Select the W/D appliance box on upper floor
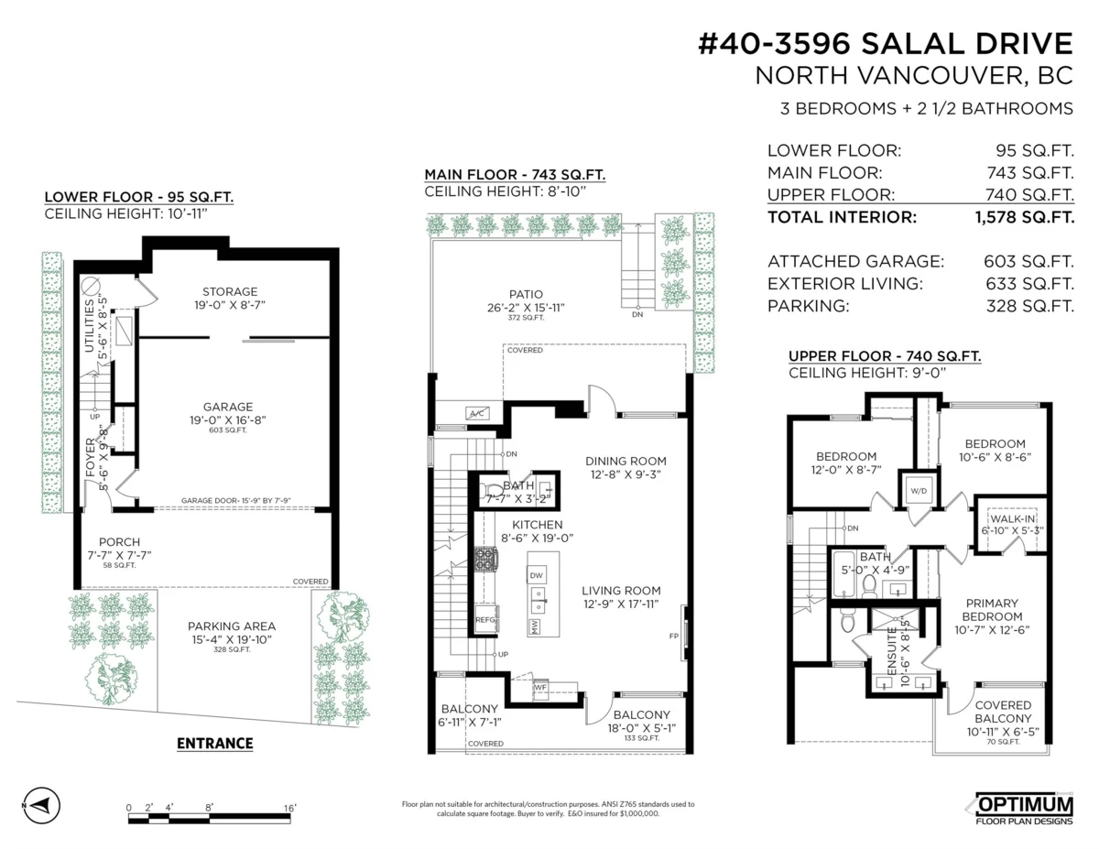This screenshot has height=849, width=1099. [918, 491]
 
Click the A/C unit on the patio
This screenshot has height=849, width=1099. [476, 414]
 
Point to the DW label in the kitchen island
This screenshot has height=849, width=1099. [537, 575]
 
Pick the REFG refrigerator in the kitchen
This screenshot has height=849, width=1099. [485, 620]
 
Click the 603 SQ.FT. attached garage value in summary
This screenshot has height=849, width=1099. [1028, 261]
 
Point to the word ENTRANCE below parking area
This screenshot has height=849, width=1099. [214, 743]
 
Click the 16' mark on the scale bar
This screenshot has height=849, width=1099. [289, 807]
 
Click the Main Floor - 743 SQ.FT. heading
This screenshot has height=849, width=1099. [514, 175]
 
